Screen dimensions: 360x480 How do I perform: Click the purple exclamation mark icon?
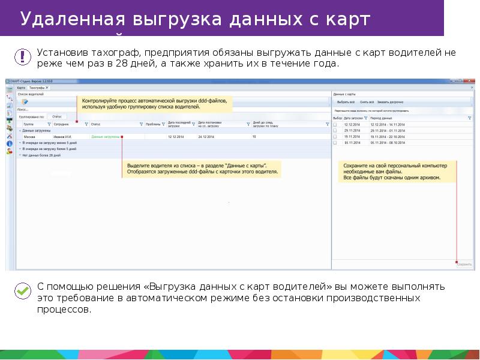[x=22, y=57]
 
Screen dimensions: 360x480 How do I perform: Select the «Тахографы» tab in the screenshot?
[x=39, y=88]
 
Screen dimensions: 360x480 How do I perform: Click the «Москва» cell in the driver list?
[x=29, y=137]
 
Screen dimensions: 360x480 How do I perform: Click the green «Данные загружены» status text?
[x=105, y=137]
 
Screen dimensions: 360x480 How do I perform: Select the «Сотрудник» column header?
[x=62, y=124]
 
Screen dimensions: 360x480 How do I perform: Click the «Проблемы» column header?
[x=153, y=124]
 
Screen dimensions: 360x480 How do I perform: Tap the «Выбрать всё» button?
[x=346, y=103]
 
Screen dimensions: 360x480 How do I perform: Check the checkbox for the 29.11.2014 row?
[x=335, y=131]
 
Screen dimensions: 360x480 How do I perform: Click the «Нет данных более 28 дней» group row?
[x=41, y=155]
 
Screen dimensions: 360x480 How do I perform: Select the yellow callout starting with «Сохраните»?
[x=395, y=171]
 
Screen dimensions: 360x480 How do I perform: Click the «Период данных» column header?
[x=382, y=119]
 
